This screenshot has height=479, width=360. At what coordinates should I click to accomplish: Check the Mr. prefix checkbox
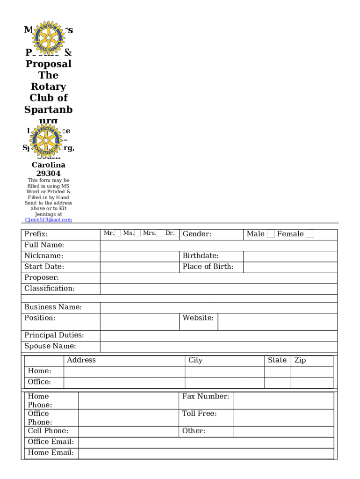click(x=118, y=233)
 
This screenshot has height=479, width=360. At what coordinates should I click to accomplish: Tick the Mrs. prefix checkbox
click(x=160, y=233)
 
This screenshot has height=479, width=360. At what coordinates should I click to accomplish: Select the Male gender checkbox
click(x=271, y=234)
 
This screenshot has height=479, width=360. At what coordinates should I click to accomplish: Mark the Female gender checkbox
click(x=310, y=234)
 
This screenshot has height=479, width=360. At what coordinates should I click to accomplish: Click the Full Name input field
click(x=218, y=246)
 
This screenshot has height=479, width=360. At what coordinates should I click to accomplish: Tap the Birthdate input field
click(x=290, y=256)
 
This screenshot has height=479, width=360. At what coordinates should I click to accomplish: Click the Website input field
click(x=277, y=322)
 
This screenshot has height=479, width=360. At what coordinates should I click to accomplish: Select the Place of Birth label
click(x=208, y=267)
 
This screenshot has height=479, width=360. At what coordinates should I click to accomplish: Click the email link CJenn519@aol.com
click(x=48, y=220)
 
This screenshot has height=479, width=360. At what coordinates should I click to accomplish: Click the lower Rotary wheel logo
click(x=45, y=139)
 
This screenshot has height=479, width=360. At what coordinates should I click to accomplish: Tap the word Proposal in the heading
click(x=48, y=64)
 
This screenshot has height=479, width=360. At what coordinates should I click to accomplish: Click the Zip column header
click(x=300, y=360)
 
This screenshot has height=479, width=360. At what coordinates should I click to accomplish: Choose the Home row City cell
click(x=224, y=372)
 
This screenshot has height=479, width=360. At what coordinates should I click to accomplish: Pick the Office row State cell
click(x=278, y=383)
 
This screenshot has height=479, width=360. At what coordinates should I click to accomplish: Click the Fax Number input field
click(x=283, y=401)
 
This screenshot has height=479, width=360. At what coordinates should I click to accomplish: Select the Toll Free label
click(x=200, y=414)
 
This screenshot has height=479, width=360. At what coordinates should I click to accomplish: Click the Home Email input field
click(x=206, y=453)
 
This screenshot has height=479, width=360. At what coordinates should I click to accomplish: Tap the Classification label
click(x=50, y=289)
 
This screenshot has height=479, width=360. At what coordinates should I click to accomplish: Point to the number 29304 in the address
click(x=48, y=174)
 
